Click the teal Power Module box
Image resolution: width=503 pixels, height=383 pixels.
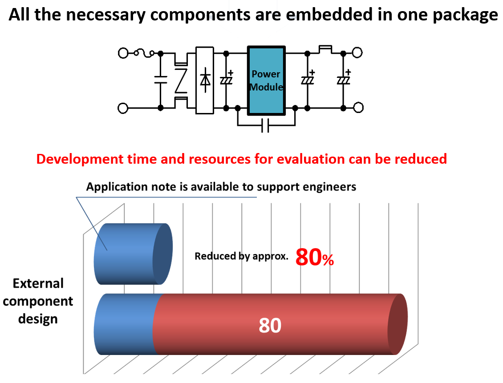pyautogui.click(x=266, y=81)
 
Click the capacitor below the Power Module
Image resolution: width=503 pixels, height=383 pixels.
pyautogui.click(x=266, y=126)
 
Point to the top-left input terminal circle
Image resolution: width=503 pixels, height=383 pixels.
pyautogui.click(x=123, y=53)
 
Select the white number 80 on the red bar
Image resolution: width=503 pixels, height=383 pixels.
pyautogui.click(x=270, y=326)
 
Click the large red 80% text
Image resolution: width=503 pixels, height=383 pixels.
pyautogui.click(x=314, y=257)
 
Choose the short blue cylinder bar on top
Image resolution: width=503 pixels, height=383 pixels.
pyautogui.click(x=131, y=254)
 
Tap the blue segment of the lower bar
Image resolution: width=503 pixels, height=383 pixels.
pyautogui.click(x=125, y=324)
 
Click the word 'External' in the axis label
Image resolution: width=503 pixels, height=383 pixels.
pyautogui.click(x=38, y=283)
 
